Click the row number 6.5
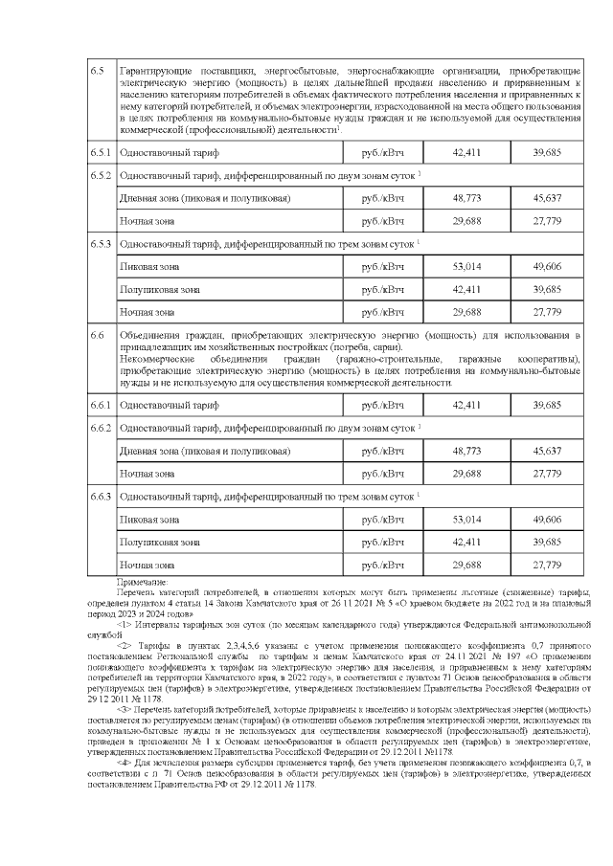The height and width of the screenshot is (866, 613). (97, 73)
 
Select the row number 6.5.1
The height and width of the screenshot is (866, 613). (102, 153)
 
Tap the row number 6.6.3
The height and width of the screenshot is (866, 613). (102, 496)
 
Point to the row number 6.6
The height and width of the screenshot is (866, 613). (97, 335)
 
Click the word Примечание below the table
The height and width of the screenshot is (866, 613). (141, 582)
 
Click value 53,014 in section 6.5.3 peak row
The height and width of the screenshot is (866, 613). (466, 266)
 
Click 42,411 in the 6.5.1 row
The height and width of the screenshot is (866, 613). (466, 153)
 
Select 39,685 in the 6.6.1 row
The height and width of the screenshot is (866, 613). (547, 405)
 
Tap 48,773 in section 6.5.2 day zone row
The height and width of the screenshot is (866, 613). (466, 198)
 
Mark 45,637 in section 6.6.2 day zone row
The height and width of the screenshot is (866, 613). (547, 450)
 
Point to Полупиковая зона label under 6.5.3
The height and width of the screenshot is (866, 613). (159, 289)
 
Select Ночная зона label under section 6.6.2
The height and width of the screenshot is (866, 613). (147, 473)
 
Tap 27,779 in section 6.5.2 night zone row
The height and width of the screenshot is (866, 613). (547, 221)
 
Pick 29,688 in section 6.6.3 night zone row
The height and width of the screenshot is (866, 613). (466, 565)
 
